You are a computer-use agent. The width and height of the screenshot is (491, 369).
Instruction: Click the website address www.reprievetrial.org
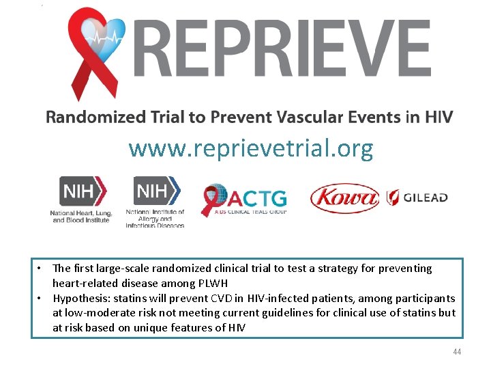[x=250, y=148]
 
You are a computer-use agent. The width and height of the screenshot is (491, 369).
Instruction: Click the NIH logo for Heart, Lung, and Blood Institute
[x=80, y=200]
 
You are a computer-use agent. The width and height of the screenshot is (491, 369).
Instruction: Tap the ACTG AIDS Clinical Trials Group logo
[x=243, y=200]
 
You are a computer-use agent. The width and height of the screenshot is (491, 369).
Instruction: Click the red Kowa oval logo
[x=344, y=199]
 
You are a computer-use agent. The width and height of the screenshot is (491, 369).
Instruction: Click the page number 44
[x=457, y=351]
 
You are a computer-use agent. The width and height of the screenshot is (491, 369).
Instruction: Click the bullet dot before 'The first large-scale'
[x=42, y=269]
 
